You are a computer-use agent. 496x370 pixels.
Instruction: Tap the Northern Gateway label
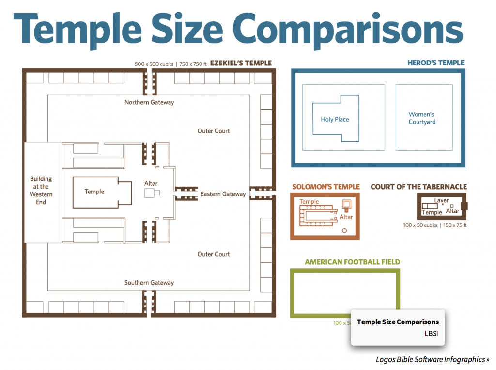(149, 102)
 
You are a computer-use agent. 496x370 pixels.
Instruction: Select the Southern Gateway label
(149, 283)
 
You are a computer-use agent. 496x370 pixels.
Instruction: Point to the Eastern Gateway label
(223, 194)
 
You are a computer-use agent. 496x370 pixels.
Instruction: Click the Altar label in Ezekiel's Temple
(151, 183)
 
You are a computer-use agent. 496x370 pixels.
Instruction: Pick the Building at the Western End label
(41, 190)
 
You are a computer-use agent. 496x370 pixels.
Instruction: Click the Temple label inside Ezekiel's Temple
(94, 192)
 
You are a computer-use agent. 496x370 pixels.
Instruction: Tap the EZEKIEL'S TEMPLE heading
(241, 63)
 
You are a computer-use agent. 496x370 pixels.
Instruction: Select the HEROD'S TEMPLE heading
(435, 63)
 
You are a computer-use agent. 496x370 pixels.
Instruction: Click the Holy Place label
(335, 119)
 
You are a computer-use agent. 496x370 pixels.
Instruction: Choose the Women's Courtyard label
(421, 118)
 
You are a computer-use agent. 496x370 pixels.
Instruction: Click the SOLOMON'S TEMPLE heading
(326, 187)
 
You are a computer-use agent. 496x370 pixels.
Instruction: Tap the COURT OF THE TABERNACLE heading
(418, 187)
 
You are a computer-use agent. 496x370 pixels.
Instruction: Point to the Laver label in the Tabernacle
(441, 200)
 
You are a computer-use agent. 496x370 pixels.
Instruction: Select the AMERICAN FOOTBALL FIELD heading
(352, 262)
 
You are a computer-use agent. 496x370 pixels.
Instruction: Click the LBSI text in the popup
(431, 334)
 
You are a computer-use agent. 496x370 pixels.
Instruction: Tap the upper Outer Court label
(214, 131)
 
